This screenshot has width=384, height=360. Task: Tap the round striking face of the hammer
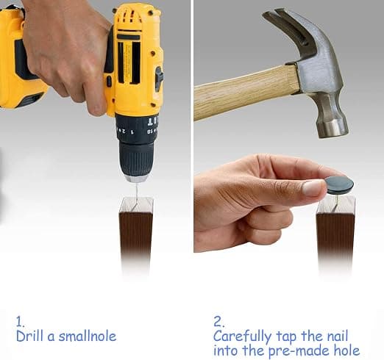[334, 129]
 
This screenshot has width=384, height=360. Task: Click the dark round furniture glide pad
[339, 185]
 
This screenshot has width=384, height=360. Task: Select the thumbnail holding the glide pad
[313, 188]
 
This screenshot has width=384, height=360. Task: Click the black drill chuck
[136, 159]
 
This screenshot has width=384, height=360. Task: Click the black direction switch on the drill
[159, 79]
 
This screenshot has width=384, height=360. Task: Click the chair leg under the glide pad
[335, 235]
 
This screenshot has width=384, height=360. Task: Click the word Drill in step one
[31, 336]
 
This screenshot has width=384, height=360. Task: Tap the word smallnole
[88, 336]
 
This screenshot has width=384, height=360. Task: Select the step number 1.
[20, 322]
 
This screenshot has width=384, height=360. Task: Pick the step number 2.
[218, 322]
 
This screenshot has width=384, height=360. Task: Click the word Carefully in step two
[242, 337]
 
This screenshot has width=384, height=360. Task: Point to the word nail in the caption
[338, 336]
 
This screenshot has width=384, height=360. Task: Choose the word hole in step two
[346, 350]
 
